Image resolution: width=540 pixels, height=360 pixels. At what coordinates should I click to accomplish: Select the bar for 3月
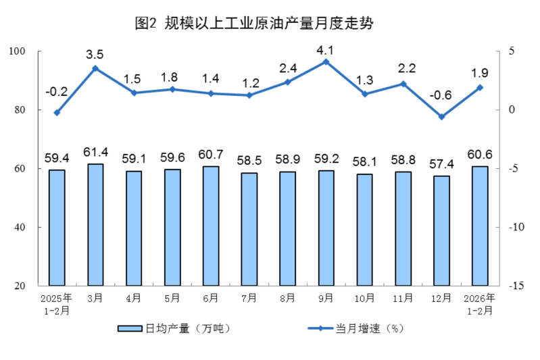[x=95, y=224]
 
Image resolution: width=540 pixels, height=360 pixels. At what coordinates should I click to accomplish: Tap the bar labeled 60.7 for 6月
[x=211, y=226]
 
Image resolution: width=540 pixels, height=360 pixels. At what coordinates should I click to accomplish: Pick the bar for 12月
[x=441, y=230]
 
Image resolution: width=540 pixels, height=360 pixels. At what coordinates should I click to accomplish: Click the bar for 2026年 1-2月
[x=480, y=226]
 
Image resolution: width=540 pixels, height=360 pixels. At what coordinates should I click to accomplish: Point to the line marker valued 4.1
[x=326, y=61]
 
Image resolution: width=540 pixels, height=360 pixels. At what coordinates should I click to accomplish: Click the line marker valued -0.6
[x=441, y=117]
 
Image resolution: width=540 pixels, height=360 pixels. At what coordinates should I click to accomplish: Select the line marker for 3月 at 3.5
[x=95, y=68]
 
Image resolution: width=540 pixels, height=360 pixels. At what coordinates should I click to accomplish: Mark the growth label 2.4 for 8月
[x=287, y=68]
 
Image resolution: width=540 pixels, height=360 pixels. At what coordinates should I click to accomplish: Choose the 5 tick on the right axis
[x=511, y=51]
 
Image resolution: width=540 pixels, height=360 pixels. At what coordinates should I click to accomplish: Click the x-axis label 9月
[x=326, y=298]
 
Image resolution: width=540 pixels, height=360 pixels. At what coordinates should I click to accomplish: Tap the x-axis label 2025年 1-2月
[x=57, y=304]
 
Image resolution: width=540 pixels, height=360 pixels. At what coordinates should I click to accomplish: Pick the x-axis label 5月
[x=172, y=298]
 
